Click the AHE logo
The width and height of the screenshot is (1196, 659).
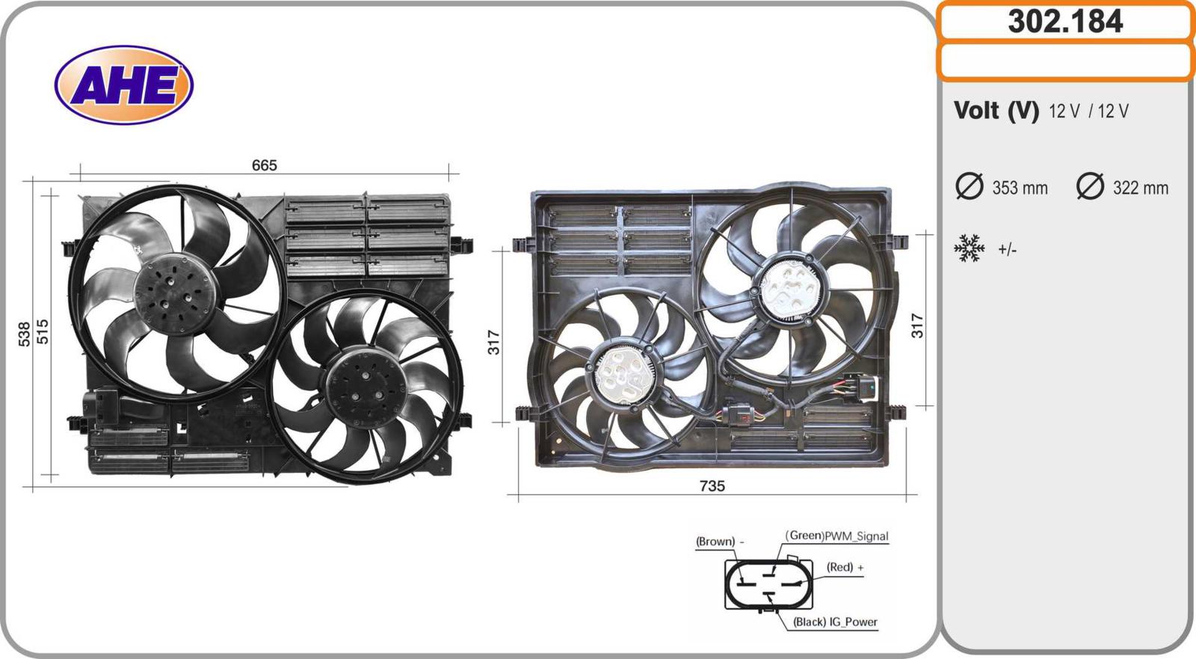(124, 85)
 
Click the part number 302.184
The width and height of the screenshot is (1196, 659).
(1066, 22)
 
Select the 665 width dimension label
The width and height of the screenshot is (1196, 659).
(265, 166)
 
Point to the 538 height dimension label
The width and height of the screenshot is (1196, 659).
(25, 334)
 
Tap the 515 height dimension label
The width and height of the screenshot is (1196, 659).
(42, 331)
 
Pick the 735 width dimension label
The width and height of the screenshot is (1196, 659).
(712, 485)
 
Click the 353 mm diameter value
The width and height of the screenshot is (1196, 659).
(1020, 188)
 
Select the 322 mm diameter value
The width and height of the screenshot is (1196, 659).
(1141, 188)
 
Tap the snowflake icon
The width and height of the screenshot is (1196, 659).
(969, 248)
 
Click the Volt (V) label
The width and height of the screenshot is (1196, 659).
(996, 111)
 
